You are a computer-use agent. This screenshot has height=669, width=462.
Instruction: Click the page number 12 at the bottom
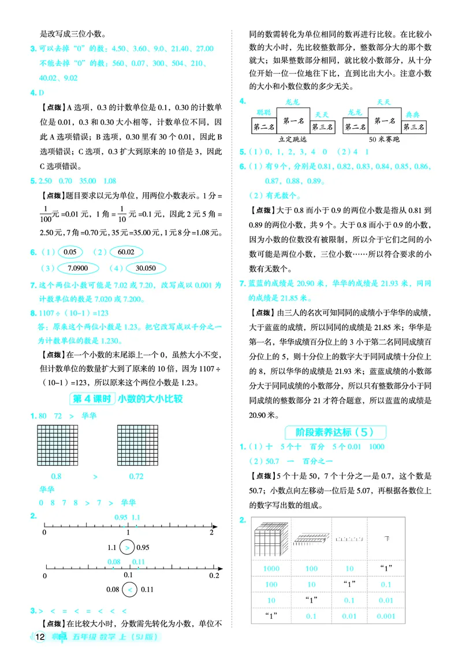coord(39,637)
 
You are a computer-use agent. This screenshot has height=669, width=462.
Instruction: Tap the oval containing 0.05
coord(70,252)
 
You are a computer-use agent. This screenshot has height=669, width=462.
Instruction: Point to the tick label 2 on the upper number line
coord(211,534)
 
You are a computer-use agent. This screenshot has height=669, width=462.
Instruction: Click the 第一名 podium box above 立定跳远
coord(294,121)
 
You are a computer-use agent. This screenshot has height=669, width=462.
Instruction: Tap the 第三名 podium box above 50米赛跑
coord(414,127)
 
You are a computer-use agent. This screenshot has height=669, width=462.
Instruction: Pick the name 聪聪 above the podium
coord(264,112)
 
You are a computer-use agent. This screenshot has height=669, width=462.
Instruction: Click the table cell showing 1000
coord(271,569)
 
